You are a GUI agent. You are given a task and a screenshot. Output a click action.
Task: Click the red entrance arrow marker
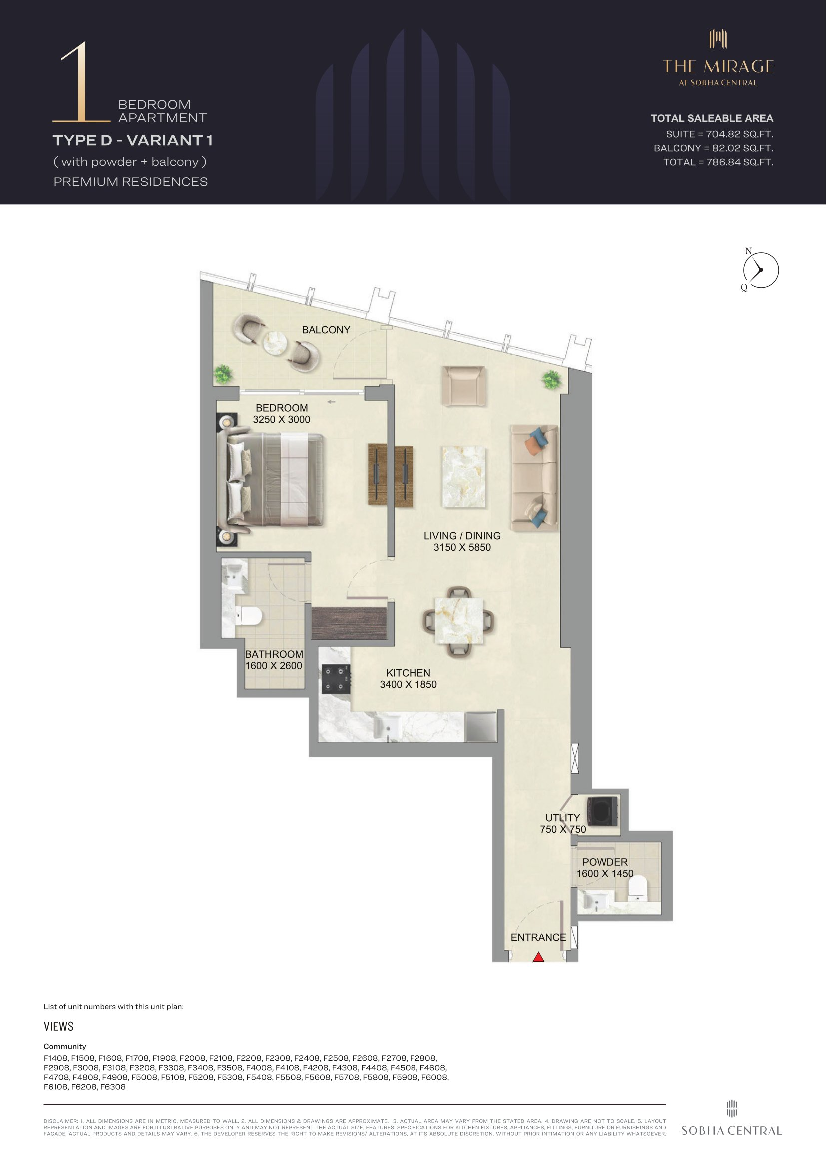coord(538,957)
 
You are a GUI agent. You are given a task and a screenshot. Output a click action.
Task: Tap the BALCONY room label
coord(326,330)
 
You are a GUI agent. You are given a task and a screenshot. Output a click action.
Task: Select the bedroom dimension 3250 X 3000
coord(281,419)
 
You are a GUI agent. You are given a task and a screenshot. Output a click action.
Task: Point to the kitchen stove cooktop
coord(336,679)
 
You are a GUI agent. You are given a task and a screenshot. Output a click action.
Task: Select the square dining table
coord(459,621)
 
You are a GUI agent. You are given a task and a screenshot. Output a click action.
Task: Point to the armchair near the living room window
coord(463,386)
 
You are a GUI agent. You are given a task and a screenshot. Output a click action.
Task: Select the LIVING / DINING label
coord(462,536)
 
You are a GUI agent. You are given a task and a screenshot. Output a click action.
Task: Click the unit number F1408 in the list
coord(55,1058)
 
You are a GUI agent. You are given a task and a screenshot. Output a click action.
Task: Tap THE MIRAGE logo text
coord(718,66)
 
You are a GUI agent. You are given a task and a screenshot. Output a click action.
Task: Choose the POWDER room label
coord(605,862)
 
